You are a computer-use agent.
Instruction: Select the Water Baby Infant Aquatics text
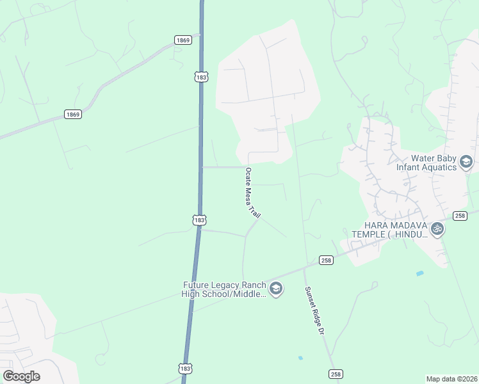pos(426,163)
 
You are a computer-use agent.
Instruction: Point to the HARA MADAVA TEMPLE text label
pos(386,229)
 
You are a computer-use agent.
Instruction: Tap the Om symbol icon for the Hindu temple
pos(437,228)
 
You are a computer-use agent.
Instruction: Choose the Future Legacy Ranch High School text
pos(223,289)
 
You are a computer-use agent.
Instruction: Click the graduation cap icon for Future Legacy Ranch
pos(275,289)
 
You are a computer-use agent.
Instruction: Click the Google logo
pos(21,376)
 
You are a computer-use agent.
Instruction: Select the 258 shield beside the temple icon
pos(460,216)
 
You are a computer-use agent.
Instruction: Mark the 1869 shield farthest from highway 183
pos(73,115)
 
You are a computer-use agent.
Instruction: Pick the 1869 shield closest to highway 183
pos(183,40)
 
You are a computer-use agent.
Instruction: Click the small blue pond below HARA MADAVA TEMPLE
pos(419,273)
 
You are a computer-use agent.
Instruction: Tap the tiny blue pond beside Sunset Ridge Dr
pos(300,358)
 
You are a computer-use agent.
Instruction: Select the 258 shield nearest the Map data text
pos(335,373)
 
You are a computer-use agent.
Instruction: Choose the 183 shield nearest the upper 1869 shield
pos(201,77)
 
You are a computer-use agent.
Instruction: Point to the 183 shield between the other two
pos(199,220)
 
